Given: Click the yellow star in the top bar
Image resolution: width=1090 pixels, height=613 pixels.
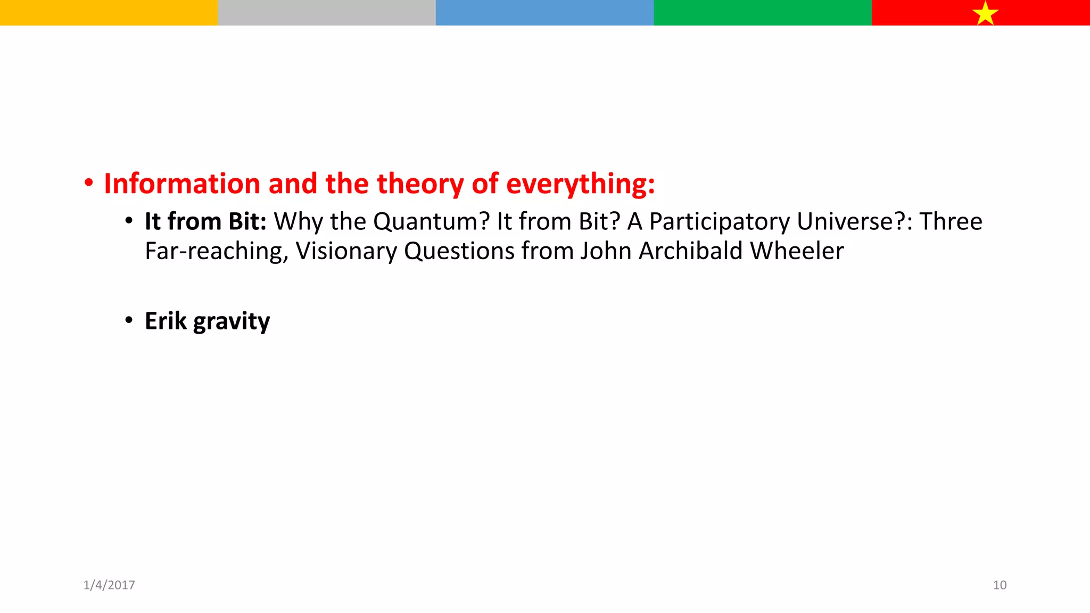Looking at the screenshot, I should click(985, 13).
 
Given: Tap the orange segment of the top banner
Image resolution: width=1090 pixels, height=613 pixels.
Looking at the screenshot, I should click(109, 12).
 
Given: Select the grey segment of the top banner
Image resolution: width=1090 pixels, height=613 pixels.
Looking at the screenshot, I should click(326, 12).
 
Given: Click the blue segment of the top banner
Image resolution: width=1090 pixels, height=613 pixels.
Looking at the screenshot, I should click(544, 12).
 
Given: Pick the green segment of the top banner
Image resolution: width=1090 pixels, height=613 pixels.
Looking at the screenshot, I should click(762, 12).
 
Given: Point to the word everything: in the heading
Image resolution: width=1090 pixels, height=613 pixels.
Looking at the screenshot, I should click(580, 185).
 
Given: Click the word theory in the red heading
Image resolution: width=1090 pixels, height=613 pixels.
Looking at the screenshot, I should click(420, 185).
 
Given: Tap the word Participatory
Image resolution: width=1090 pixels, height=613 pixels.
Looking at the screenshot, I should click(719, 222).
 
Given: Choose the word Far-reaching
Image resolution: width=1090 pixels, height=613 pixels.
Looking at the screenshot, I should click(217, 251).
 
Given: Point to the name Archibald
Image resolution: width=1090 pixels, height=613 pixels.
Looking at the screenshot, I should click(690, 251).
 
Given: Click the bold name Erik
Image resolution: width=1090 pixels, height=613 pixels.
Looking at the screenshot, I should click(166, 321).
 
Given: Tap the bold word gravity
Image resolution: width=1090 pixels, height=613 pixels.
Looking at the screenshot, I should click(232, 322).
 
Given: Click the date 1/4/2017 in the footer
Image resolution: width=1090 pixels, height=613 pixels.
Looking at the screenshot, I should click(109, 585).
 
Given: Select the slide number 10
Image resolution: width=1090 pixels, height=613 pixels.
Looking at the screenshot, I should click(1000, 585).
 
